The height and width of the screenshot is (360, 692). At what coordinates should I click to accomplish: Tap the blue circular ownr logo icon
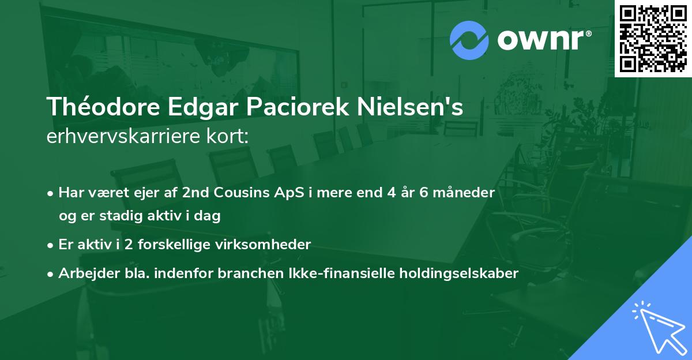469,40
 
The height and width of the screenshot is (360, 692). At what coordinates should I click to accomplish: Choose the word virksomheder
272,245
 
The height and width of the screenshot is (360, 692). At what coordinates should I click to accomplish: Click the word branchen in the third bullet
245,273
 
